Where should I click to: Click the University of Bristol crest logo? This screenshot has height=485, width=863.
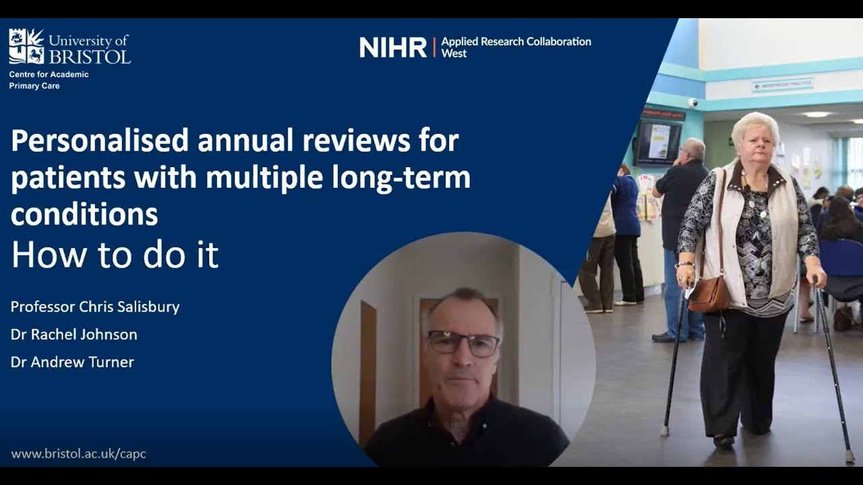[26, 46]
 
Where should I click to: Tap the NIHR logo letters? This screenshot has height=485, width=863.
[393, 47]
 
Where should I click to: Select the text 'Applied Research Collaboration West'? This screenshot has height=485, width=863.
[516, 47]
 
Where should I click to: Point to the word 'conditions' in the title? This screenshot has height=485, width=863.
[84, 214]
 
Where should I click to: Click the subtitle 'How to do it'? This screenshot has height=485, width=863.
[115, 255]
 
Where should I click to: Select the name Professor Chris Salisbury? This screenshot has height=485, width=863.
[95, 307]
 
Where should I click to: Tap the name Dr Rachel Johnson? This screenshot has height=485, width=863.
[73, 334]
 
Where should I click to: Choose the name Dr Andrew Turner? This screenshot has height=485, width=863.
[72, 362]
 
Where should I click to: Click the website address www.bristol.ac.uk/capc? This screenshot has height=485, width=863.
[78, 454]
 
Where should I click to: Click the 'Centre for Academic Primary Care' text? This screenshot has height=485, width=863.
[49, 80]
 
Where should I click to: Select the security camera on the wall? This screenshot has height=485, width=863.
[692, 102]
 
